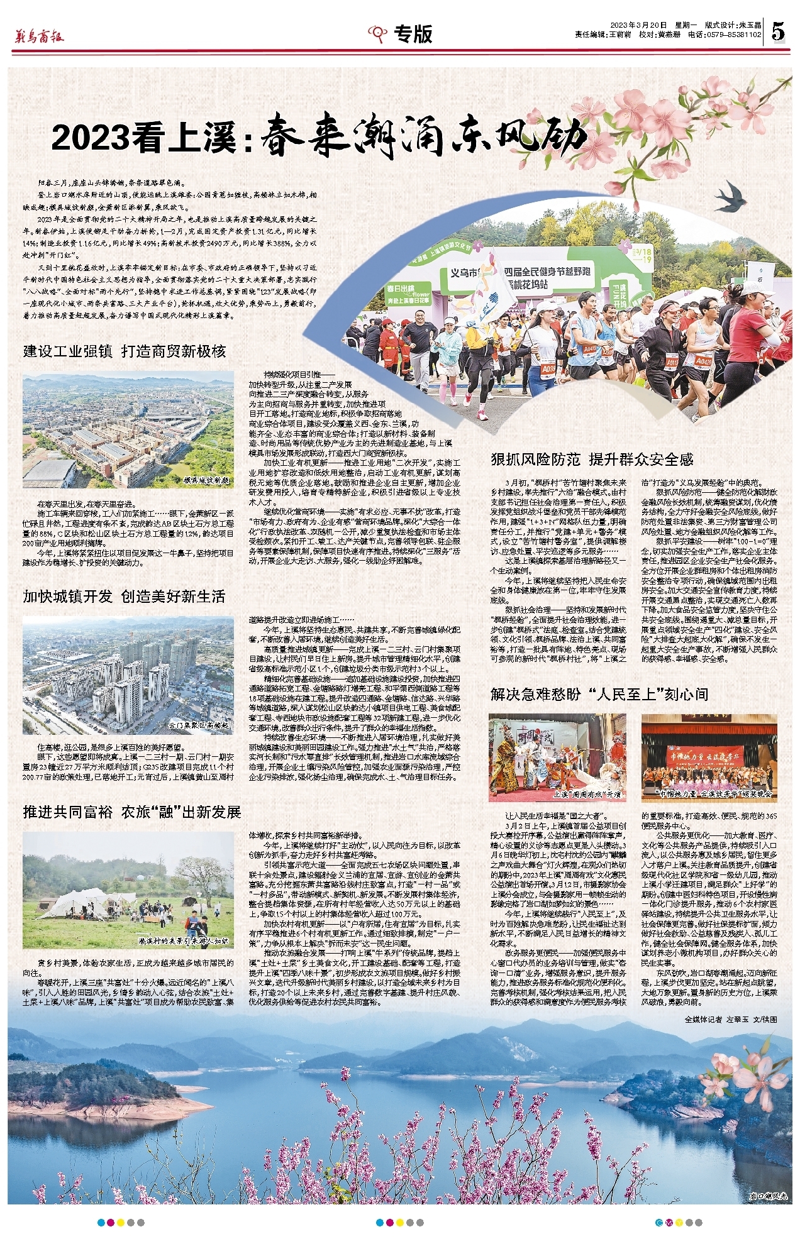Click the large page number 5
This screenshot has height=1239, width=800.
coord(779,30)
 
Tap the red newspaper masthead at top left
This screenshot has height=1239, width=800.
coord(39,36)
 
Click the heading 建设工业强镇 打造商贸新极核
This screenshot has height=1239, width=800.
coord(125,351)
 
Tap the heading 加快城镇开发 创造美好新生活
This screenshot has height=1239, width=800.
coord(125,596)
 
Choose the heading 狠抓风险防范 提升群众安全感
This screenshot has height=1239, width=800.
coord(592,460)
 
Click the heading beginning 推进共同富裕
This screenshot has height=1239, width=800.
coord(132,812)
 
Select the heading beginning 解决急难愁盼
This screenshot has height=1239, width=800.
coord(599,694)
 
